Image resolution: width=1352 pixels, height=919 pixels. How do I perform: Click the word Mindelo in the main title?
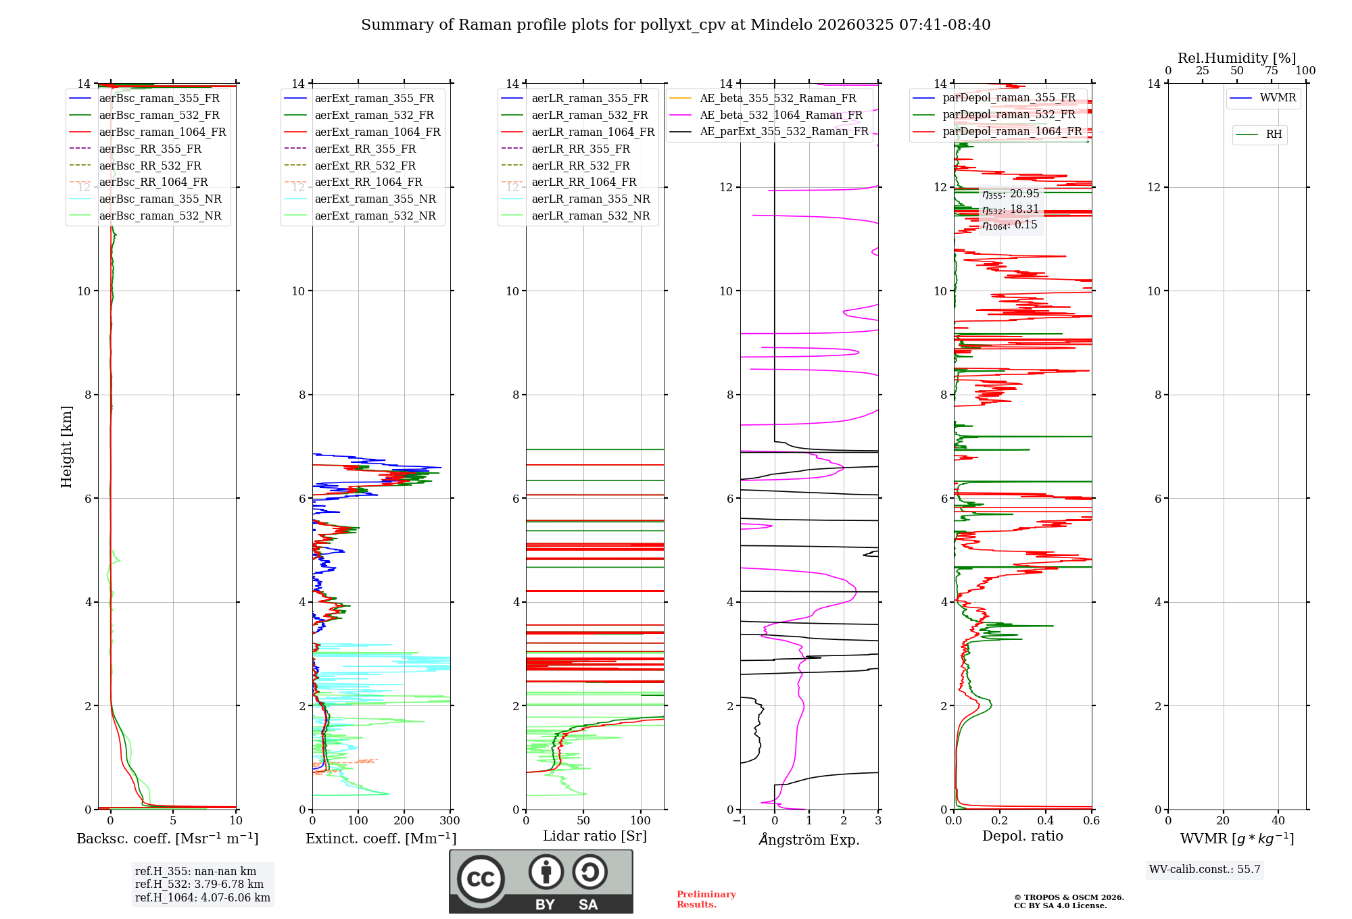click(781, 25)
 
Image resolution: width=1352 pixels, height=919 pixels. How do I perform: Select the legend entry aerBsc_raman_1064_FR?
click(162, 132)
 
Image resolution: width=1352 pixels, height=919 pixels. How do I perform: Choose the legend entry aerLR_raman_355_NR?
click(590, 199)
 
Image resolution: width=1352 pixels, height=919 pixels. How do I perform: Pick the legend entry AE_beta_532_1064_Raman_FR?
click(781, 116)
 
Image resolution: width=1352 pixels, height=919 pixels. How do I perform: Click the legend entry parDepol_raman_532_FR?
click(1009, 115)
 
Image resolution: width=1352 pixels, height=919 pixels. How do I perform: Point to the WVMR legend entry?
click(1278, 98)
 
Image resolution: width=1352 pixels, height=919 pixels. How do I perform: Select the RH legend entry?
click(1274, 134)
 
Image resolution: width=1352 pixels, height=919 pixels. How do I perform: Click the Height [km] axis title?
click(66, 446)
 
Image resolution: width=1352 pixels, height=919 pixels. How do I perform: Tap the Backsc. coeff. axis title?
click(167, 839)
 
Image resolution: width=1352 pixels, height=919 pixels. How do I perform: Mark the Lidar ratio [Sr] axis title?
click(594, 836)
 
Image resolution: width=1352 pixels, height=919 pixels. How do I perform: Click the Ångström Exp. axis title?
click(808, 840)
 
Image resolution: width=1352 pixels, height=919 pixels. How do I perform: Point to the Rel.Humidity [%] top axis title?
click(1236, 58)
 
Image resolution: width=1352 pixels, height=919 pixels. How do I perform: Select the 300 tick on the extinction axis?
click(450, 821)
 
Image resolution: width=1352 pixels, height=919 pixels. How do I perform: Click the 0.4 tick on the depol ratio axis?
click(1046, 821)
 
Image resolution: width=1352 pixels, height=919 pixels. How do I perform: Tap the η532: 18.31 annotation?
click(1011, 209)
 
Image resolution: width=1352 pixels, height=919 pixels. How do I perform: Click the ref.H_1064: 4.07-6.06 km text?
click(202, 898)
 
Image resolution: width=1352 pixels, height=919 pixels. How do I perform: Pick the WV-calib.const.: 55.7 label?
click(1205, 870)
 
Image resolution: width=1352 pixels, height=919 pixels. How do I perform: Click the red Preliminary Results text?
click(706, 899)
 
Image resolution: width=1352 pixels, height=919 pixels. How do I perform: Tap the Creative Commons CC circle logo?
click(481, 879)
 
